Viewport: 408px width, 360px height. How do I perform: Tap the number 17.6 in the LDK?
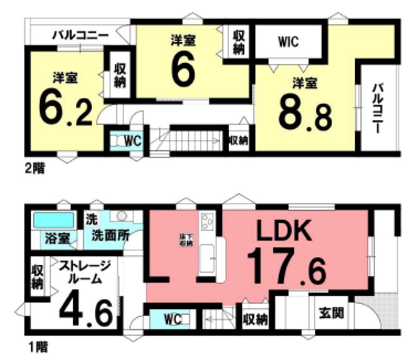pos(286,269)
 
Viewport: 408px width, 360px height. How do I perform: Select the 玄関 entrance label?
pos(330,313)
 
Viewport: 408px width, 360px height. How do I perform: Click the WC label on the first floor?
pos(173,319)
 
